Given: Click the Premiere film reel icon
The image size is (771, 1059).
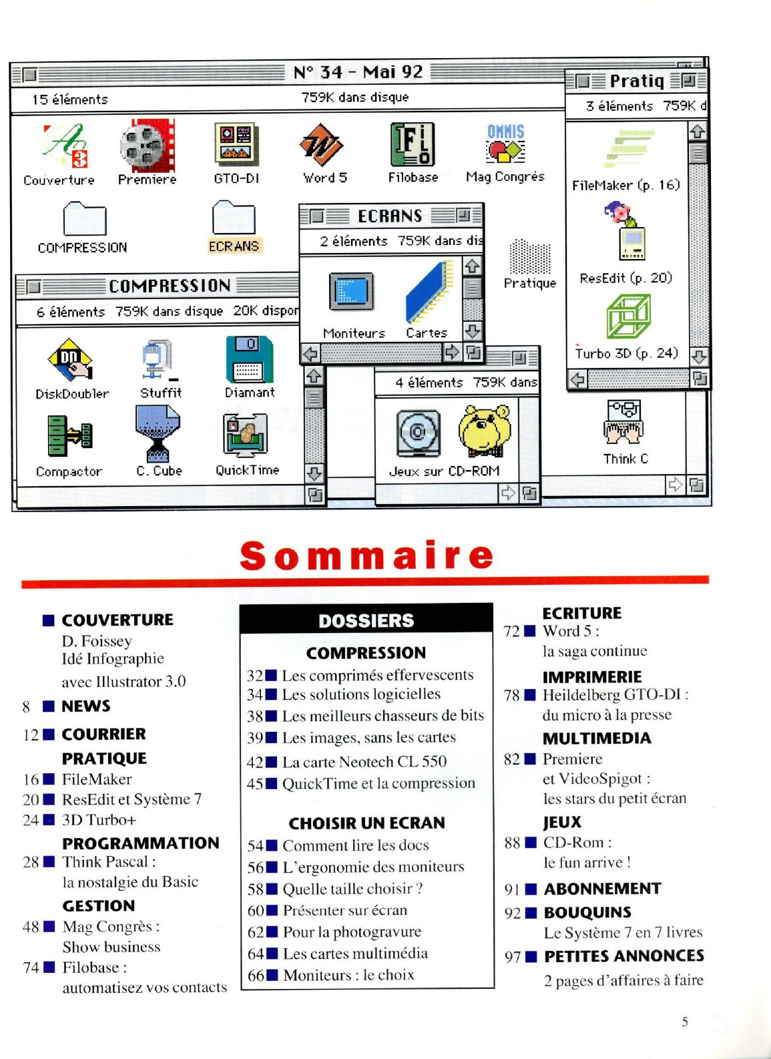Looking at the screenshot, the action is (x=147, y=146).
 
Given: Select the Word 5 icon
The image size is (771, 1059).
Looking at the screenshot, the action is (x=321, y=145).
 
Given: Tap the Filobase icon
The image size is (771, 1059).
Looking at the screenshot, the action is (x=412, y=144).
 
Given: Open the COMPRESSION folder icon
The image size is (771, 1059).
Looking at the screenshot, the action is (x=84, y=218).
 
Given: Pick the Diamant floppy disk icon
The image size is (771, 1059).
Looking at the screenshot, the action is (x=249, y=359).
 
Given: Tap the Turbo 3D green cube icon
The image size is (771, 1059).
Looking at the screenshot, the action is (x=628, y=316).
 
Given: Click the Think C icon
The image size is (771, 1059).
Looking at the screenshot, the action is (x=624, y=422).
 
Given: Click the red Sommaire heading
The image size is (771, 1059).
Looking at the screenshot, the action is (x=366, y=556).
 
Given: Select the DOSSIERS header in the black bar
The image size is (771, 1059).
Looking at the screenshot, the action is (x=366, y=620).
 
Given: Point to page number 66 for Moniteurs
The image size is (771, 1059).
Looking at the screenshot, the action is (x=256, y=976).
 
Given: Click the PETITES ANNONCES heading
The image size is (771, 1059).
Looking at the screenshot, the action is (x=624, y=956).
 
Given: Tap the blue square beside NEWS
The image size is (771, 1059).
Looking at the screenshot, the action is (x=49, y=706).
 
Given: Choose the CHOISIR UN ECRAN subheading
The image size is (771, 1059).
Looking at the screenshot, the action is (x=366, y=823).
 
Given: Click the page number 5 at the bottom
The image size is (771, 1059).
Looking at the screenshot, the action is (x=685, y=1022).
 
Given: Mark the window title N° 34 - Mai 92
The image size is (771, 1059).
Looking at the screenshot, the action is (x=358, y=72).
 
